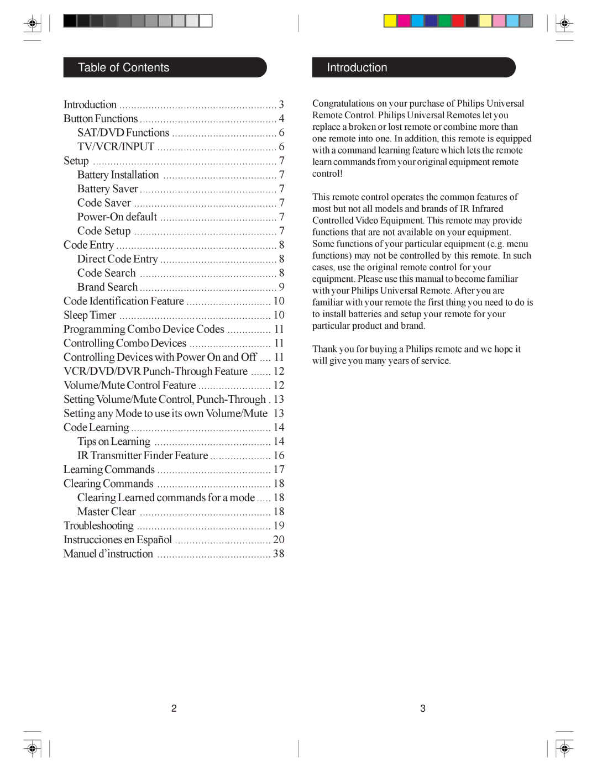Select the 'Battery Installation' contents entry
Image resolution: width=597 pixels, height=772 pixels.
click(x=118, y=175)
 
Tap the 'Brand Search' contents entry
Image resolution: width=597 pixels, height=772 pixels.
click(x=108, y=287)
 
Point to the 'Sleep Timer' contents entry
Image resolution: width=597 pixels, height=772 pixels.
click(x=90, y=315)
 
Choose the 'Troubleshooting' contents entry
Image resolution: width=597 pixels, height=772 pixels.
click(x=98, y=526)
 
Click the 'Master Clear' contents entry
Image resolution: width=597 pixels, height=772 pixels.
click(x=107, y=512)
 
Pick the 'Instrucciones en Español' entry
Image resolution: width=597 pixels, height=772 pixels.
click(x=118, y=539)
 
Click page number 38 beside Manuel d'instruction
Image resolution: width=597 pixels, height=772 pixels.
click(x=279, y=554)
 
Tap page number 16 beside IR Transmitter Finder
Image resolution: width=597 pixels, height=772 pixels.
click(x=279, y=455)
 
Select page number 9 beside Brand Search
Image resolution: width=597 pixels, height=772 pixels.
click(x=281, y=287)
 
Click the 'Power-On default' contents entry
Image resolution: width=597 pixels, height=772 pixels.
click(x=117, y=217)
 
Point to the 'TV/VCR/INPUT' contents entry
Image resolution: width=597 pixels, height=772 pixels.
click(x=116, y=146)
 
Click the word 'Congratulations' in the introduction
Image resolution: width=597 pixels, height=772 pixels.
click(x=343, y=103)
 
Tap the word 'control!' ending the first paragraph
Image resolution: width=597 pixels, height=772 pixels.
click(x=327, y=174)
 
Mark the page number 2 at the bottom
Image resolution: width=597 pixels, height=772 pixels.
click(x=174, y=708)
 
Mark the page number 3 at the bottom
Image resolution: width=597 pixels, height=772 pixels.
click(x=423, y=708)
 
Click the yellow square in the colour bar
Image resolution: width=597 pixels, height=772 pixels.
click(x=390, y=21)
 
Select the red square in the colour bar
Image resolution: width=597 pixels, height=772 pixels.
click(x=458, y=21)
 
